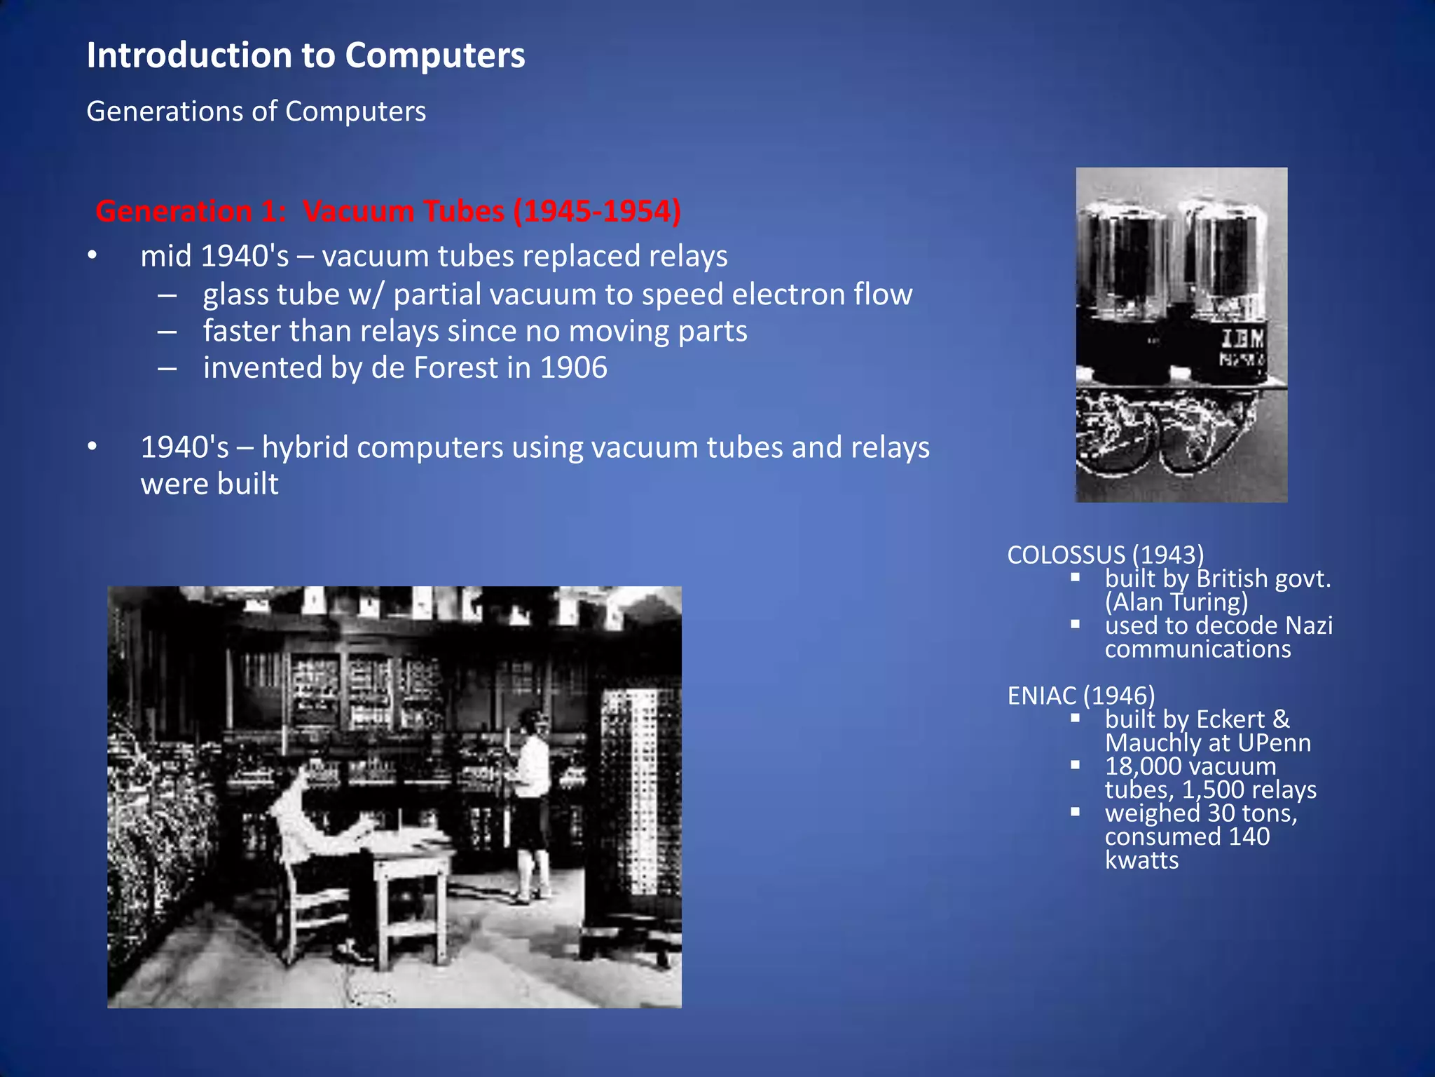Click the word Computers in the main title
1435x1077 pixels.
pyautogui.click(x=434, y=55)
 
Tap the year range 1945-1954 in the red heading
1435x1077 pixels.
pyautogui.click(x=596, y=211)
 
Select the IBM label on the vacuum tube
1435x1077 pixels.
pyautogui.click(x=1242, y=339)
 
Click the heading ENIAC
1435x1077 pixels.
pyautogui.click(x=1042, y=696)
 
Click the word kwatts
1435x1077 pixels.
pyautogui.click(x=1141, y=860)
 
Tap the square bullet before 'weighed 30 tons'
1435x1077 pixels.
pyautogui.click(x=1076, y=812)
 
